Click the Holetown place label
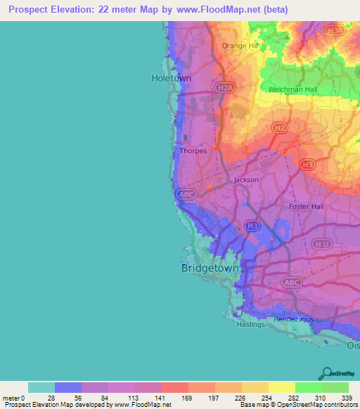pos(172,78)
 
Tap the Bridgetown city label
pos(210,268)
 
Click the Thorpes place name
pos(193,150)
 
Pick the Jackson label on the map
pos(246,180)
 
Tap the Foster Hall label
pos(306,207)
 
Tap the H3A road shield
pos(337,31)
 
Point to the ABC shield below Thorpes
pos(187,194)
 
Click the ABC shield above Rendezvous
pos(291,282)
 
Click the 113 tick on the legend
pos(131,398)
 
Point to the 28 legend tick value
pos(51,398)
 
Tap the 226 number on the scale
pos(238,398)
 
